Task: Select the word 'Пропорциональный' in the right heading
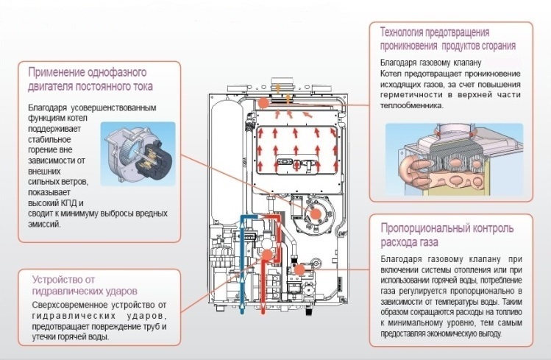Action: (427, 227)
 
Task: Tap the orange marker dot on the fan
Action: (314, 212)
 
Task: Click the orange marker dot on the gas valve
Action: (299, 270)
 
